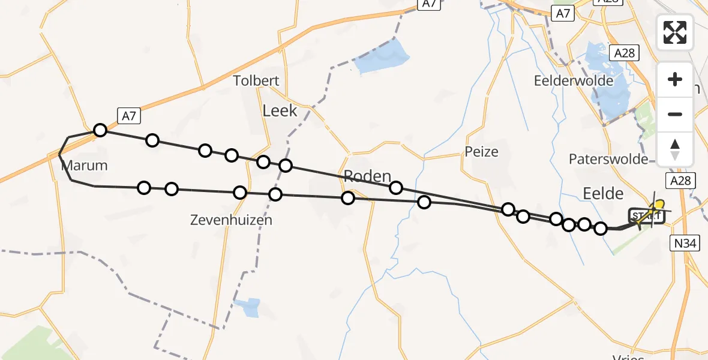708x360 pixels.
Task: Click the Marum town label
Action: tap(85, 166)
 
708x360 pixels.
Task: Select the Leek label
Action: tap(280, 110)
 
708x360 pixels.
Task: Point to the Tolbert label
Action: tap(256, 81)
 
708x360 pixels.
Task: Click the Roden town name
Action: tap(367, 176)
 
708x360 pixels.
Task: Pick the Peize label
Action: tap(481, 152)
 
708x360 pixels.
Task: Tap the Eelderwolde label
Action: tap(574, 81)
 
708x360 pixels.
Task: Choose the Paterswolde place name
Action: tap(608, 159)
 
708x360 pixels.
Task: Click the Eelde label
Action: tap(603, 193)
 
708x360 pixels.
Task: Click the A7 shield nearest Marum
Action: tap(128, 116)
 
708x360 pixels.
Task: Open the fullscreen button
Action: tap(675, 32)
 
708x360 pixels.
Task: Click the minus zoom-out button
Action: tap(675, 114)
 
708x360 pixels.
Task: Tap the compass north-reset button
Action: tap(675, 149)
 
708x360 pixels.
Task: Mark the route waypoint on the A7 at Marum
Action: tap(100, 130)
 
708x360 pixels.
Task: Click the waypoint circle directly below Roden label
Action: tap(348, 198)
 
